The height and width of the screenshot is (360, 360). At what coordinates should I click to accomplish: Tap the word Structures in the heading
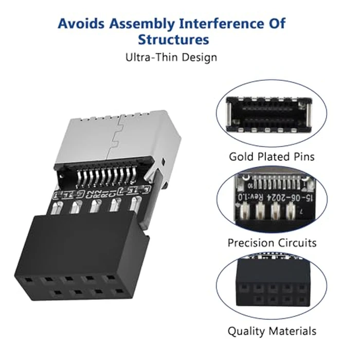[x=173, y=40]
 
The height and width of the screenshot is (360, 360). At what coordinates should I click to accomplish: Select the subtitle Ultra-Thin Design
[x=171, y=57]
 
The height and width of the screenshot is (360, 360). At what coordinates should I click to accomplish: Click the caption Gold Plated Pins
[x=272, y=156]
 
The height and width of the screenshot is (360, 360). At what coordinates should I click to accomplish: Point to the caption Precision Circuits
[x=272, y=242]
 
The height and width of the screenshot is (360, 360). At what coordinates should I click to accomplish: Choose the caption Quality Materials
[x=272, y=331]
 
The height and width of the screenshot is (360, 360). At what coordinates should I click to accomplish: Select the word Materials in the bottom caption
[x=293, y=331]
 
